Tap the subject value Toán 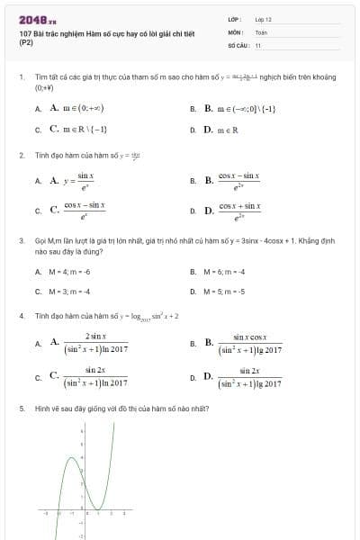[x=261, y=31]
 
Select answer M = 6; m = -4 [x=215, y=271]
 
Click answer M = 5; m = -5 [x=215, y=292]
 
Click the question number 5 [x=21, y=408]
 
